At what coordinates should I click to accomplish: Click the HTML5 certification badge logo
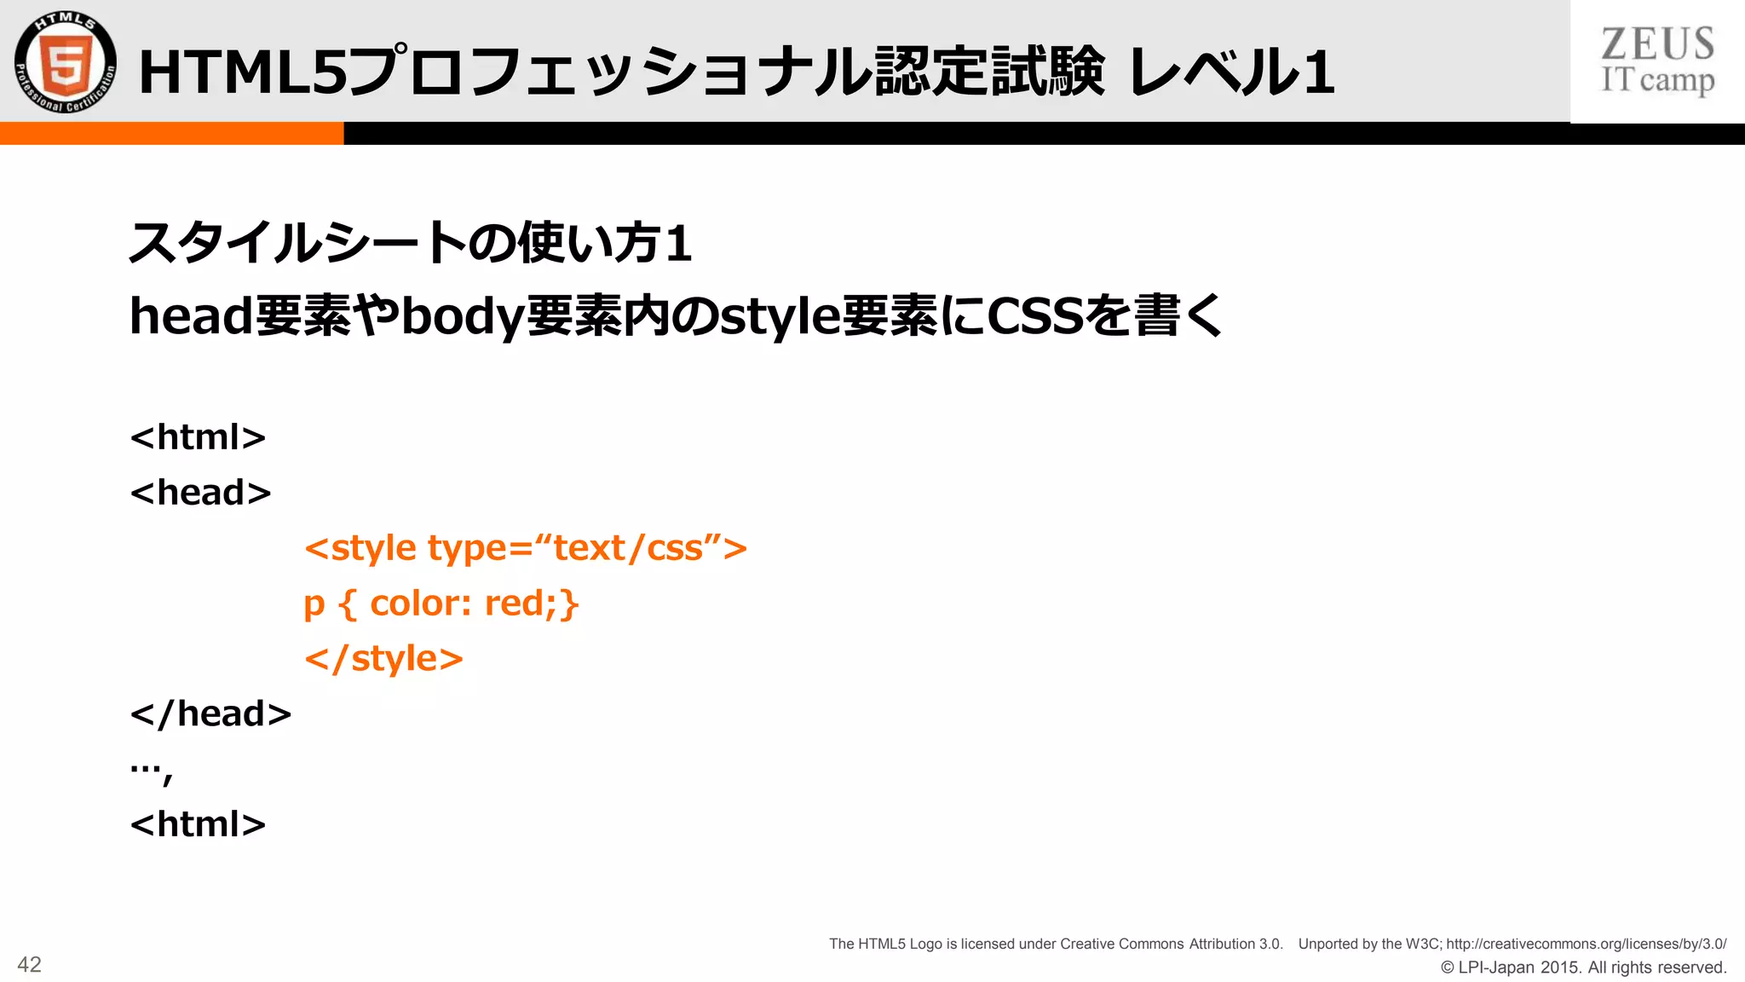click(x=66, y=62)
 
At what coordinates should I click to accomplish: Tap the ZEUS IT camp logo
click(x=1656, y=61)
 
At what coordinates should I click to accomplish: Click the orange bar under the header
click(x=171, y=134)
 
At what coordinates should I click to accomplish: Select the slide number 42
click(x=29, y=964)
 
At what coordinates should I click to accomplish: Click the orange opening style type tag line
click(x=525, y=548)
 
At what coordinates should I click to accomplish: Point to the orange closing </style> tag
click(x=383, y=659)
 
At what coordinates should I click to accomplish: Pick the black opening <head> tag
click(x=200, y=493)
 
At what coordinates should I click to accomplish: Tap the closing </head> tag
click(x=210, y=714)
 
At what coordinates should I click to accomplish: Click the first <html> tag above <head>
click(x=198, y=437)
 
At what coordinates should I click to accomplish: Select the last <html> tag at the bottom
click(x=198, y=824)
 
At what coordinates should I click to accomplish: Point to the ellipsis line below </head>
click(x=151, y=770)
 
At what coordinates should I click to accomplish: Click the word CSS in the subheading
click(x=1034, y=316)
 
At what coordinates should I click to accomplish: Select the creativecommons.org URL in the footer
click(x=1586, y=944)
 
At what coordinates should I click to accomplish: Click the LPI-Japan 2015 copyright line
click(x=1583, y=968)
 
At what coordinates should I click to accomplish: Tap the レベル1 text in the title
click(x=1230, y=72)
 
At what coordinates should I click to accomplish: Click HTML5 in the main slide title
click(x=243, y=72)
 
